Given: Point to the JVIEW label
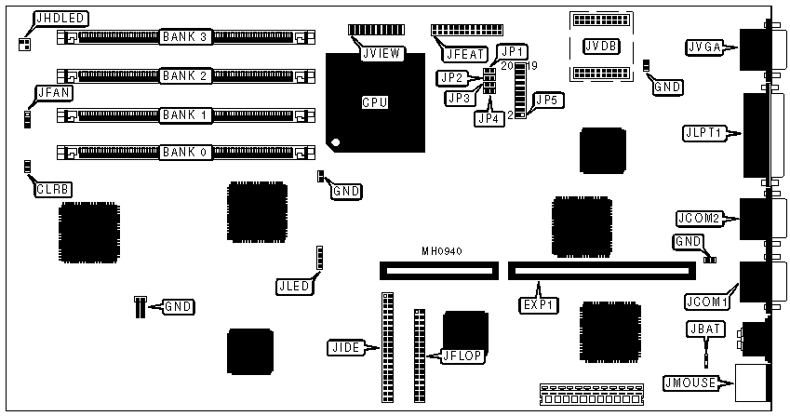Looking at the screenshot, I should (382, 53).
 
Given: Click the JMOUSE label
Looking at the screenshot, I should (696, 381).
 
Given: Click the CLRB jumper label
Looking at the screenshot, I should (53, 190).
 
